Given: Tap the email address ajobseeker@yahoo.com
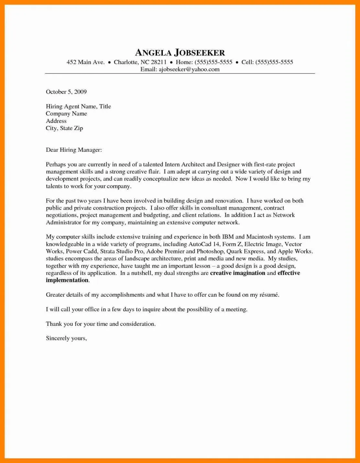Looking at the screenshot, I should click(x=189, y=69).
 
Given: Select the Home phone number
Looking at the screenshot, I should click(x=213, y=62).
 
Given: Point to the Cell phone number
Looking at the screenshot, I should click(x=274, y=62).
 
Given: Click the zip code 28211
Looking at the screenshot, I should click(x=159, y=62).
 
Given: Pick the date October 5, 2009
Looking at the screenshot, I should click(x=66, y=92).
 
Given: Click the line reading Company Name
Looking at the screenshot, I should click(x=66, y=114).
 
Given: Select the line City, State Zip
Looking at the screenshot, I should click(x=64, y=128).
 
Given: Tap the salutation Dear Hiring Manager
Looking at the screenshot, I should click(x=74, y=150).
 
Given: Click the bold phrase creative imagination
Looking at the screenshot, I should click(x=238, y=273).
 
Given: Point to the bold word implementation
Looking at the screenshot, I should click(x=67, y=280).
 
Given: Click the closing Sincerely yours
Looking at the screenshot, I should click(x=66, y=338).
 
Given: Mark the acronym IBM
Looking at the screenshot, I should click(x=228, y=237).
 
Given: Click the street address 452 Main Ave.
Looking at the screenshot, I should click(x=85, y=62).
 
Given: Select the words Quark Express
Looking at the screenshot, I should click(x=245, y=251).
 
